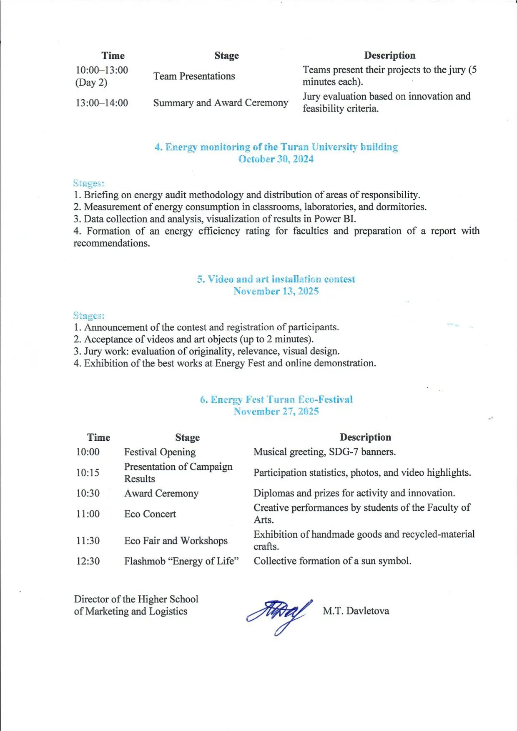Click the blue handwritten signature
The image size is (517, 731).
[x=279, y=614]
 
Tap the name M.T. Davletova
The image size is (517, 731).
[x=356, y=611]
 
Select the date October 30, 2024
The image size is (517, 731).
[x=276, y=159]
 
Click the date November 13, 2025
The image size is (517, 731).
[x=276, y=291]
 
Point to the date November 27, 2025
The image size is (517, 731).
[x=276, y=412]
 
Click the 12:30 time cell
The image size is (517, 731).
[x=88, y=561]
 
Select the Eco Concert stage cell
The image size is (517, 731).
[x=150, y=514]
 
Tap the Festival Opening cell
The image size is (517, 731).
[x=160, y=452]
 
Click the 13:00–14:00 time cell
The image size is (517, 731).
[x=102, y=103]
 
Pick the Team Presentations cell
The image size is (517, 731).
[x=194, y=76]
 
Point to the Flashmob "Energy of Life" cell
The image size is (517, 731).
[x=181, y=561]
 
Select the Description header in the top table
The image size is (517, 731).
[x=390, y=55]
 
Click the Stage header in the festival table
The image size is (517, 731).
[x=187, y=437]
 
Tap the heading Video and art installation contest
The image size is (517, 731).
[x=276, y=279]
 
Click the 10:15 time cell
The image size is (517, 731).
[x=88, y=473]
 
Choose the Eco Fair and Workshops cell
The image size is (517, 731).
[x=176, y=541]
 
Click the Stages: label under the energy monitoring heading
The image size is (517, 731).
[x=88, y=183]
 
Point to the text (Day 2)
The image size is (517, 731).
[x=91, y=82]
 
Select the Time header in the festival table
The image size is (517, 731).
[x=98, y=437]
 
